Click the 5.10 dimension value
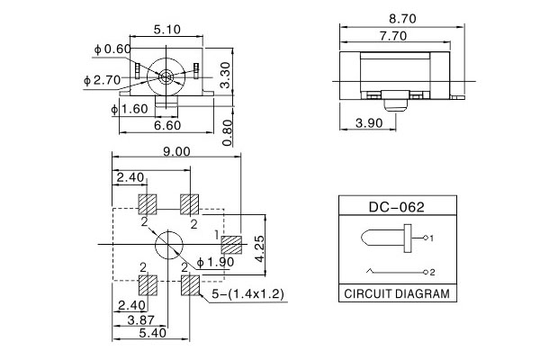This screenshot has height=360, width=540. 169,30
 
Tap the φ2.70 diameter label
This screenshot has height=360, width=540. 100,80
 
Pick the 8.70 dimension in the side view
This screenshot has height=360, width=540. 400,17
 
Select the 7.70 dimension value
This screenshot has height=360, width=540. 392,36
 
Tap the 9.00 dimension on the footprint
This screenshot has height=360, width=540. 177,152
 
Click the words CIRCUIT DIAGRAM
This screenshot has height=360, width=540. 397,294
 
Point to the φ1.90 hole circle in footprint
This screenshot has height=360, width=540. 169,245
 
